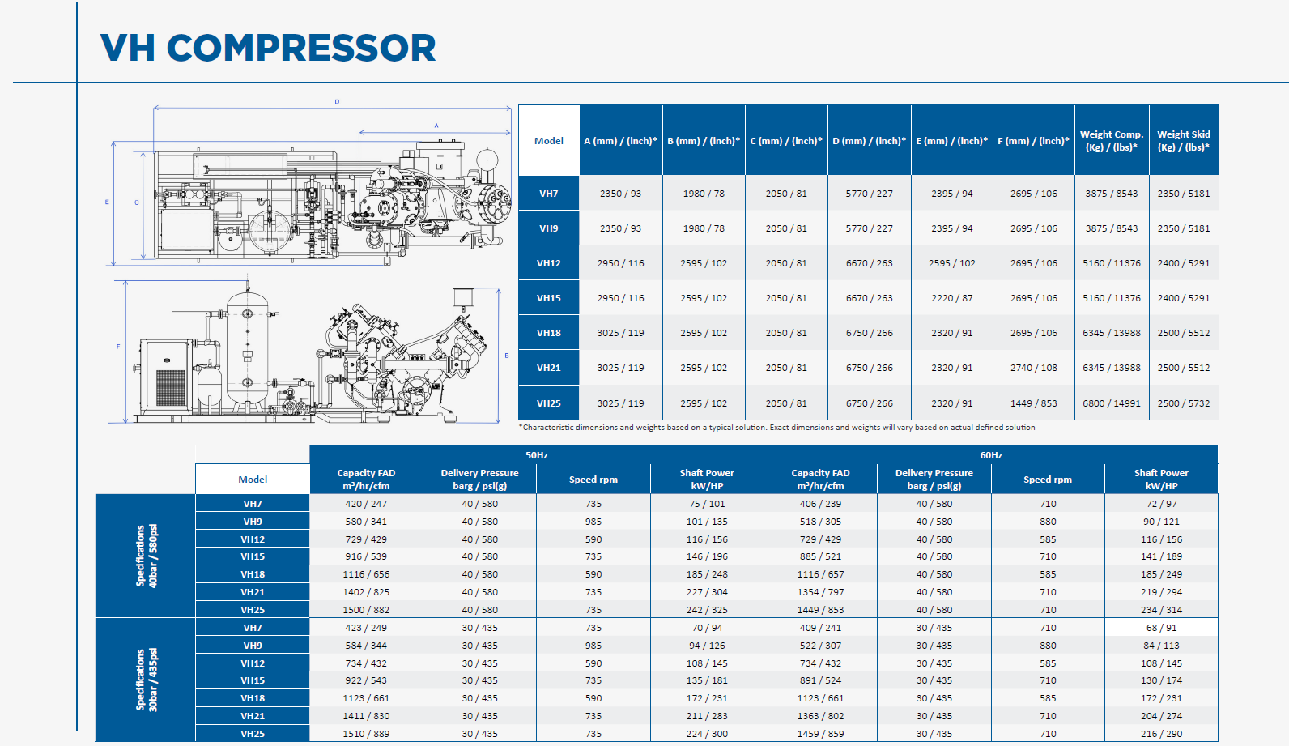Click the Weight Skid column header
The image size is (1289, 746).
coord(1184,140)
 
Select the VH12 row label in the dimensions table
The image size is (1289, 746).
coord(548,263)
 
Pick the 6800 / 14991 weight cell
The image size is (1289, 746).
coord(1111,403)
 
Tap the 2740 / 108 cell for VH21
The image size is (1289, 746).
coord(1033,367)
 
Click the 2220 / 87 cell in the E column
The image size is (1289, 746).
coord(952,297)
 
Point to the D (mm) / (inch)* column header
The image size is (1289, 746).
coord(869,140)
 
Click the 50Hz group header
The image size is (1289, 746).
coord(536,454)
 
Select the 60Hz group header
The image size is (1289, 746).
coord(991,454)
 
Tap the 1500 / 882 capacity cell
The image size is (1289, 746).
coord(366,610)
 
